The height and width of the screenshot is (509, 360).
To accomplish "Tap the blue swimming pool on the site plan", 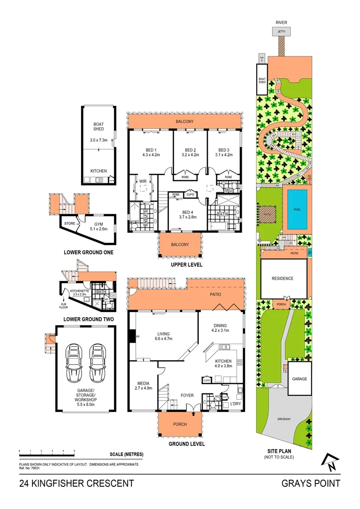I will pyautogui.click(x=297, y=208).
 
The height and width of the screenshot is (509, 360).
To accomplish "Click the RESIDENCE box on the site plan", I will pyautogui.click(x=282, y=279).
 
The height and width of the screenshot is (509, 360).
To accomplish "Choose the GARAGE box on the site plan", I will pyautogui.click(x=299, y=378).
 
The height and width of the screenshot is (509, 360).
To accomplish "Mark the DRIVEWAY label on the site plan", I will pyautogui.click(x=284, y=418).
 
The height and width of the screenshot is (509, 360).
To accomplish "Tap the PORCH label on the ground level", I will pyautogui.click(x=180, y=424).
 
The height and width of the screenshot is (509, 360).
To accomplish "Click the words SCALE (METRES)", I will pyautogui.click(x=126, y=454).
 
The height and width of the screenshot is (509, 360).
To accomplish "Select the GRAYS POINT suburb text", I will pyautogui.click(x=311, y=483).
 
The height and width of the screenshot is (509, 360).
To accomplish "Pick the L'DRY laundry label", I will pyautogui.click(x=236, y=405).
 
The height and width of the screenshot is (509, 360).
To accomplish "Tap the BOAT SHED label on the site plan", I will pyautogui.click(x=262, y=80).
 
